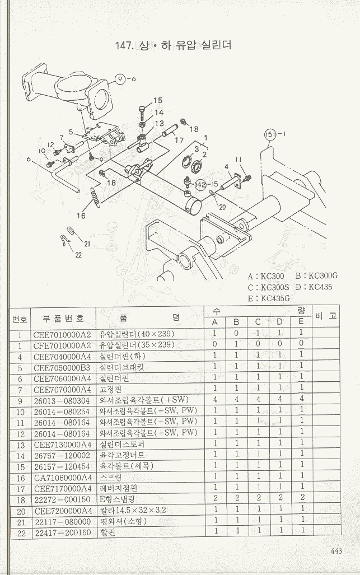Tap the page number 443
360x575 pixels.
336,551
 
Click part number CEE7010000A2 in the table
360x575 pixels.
62,333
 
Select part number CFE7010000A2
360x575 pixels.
62,344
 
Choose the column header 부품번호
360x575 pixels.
63,318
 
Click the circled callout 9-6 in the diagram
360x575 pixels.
123,79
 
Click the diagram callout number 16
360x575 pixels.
81,214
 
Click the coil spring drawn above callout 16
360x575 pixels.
96,197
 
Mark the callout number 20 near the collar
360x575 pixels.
222,207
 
